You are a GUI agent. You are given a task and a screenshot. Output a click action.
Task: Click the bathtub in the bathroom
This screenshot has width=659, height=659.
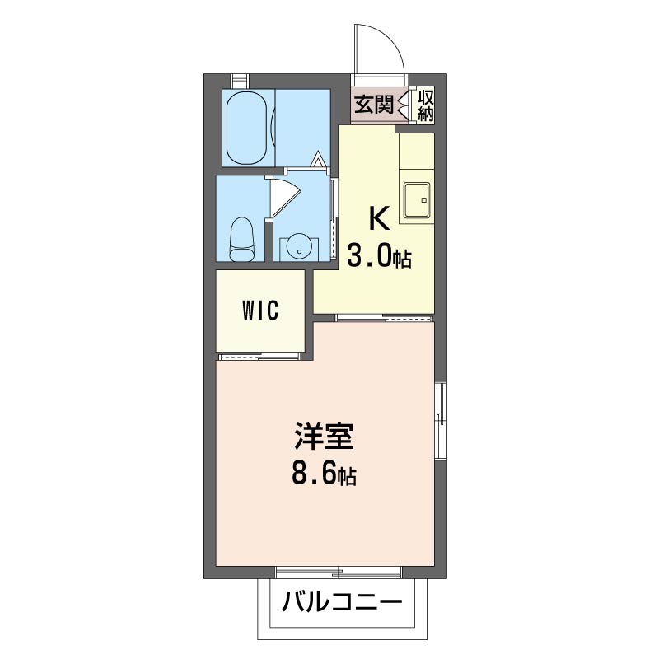click(246, 128)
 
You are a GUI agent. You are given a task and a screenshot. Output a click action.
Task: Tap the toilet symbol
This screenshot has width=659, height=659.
click(241, 239)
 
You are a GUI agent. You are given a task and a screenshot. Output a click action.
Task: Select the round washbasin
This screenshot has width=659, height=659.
click(299, 248)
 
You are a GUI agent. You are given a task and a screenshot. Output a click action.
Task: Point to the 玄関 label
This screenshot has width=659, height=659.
click(374, 105)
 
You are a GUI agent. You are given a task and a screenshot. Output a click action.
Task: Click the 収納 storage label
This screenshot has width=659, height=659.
click(425, 105)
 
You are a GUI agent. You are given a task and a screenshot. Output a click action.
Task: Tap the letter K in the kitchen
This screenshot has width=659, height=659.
click(379, 218)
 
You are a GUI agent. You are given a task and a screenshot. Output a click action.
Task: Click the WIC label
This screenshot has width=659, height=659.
click(260, 311)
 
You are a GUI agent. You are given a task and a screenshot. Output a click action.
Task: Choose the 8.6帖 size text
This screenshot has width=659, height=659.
click(324, 475)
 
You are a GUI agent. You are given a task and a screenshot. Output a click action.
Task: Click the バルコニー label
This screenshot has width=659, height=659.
click(342, 603)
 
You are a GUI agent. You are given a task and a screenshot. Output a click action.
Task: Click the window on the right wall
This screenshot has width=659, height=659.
click(440, 420)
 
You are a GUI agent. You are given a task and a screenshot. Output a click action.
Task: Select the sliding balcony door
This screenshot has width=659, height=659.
click(339, 573)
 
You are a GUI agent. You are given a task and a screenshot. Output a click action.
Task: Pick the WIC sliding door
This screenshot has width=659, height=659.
click(259, 357)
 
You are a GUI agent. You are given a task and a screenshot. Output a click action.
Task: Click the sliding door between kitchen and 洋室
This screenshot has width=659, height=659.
click(385, 318)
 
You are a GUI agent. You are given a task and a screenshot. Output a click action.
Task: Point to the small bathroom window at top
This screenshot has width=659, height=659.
click(240, 80)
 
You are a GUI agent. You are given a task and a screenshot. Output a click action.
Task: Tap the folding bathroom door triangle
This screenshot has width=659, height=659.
click(318, 160)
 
